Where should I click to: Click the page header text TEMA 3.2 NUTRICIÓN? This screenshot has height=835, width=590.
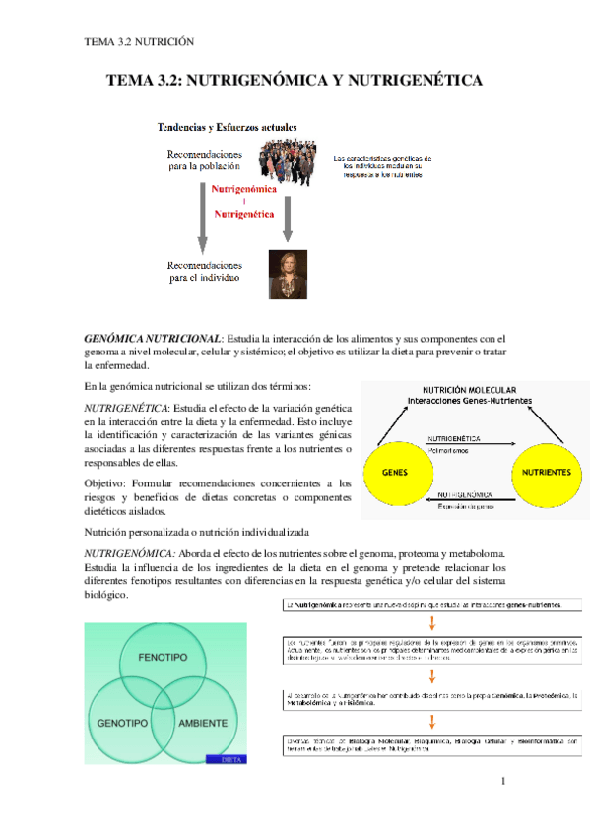tap(139, 41)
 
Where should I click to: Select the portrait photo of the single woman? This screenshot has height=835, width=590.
tap(289, 273)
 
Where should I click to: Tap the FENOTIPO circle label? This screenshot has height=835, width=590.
tap(164, 656)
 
